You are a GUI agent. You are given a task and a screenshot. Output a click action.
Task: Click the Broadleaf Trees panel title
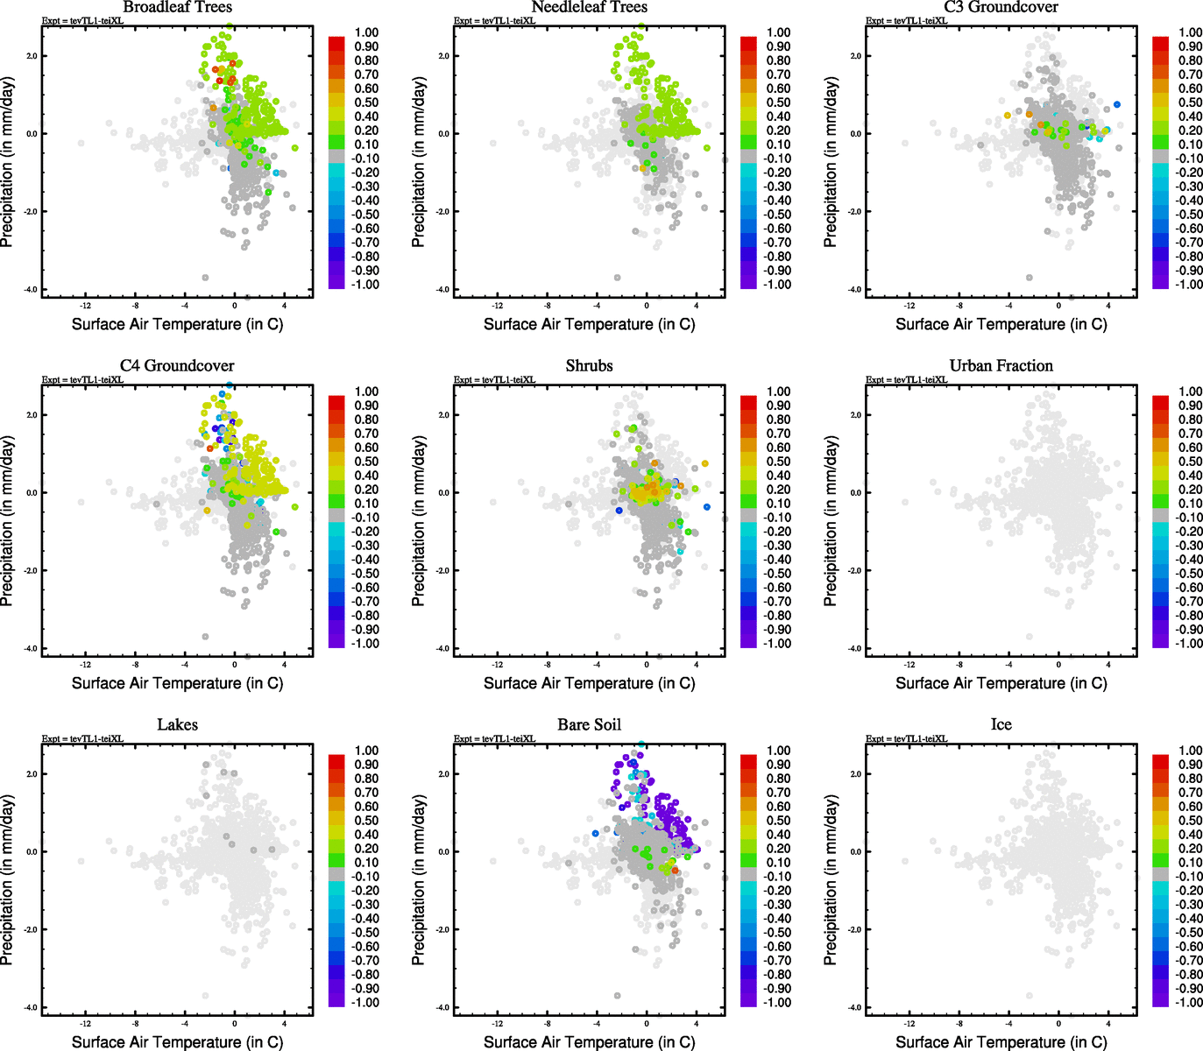pyautogui.click(x=177, y=7)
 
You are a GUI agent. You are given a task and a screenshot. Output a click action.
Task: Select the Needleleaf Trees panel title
pyautogui.click(x=589, y=7)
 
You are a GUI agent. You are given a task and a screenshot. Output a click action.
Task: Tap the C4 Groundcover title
pyautogui.click(x=177, y=365)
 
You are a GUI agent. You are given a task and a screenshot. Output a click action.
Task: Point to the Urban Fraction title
pyautogui.click(x=1001, y=365)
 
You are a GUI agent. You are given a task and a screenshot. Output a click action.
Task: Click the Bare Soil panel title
pyautogui.click(x=589, y=724)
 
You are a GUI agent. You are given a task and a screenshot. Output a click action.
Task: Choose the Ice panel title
pyautogui.click(x=1001, y=724)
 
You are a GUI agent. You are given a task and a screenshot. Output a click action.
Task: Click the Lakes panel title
pyautogui.click(x=177, y=724)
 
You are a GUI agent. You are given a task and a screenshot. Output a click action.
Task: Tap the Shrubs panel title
pyautogui.click(x=589, y=365)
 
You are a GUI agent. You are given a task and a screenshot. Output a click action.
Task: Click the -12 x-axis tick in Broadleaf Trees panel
pyautogui.click(x=85, y=306)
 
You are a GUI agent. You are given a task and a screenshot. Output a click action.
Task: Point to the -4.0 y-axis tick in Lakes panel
pyautogui.click(x=31, y=1008)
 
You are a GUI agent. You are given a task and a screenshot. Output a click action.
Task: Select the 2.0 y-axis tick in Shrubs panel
pyautogui.click(x=442, y=415)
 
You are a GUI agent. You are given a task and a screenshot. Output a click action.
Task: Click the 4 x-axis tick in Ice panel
pyautogui.click(x=1108, y=1024)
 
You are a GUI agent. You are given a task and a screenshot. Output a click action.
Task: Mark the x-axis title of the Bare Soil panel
pyautogui.click(x=589, y=1041)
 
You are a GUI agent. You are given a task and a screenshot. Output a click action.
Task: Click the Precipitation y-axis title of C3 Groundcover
pyautogui.click(x=831, y=162)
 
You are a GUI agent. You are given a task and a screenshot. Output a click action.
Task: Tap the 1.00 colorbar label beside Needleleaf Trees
pyautogui.click(x=778, y=32)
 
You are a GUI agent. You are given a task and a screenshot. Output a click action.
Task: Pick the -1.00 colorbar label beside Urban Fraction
pyautogui.click(x=1189, y=644)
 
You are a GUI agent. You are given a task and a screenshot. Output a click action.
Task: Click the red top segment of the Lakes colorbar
pyautogui.click(x=336, y=760)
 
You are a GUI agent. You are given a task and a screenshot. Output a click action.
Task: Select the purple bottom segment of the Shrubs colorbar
pyautogui.click(x=748, y=640)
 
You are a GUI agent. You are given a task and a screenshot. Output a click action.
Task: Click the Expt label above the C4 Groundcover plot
pyautogui.click(x=82, y=379)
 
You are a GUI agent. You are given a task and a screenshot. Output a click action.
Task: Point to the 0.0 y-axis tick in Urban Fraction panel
pyautogui.click(x=854, y=493)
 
